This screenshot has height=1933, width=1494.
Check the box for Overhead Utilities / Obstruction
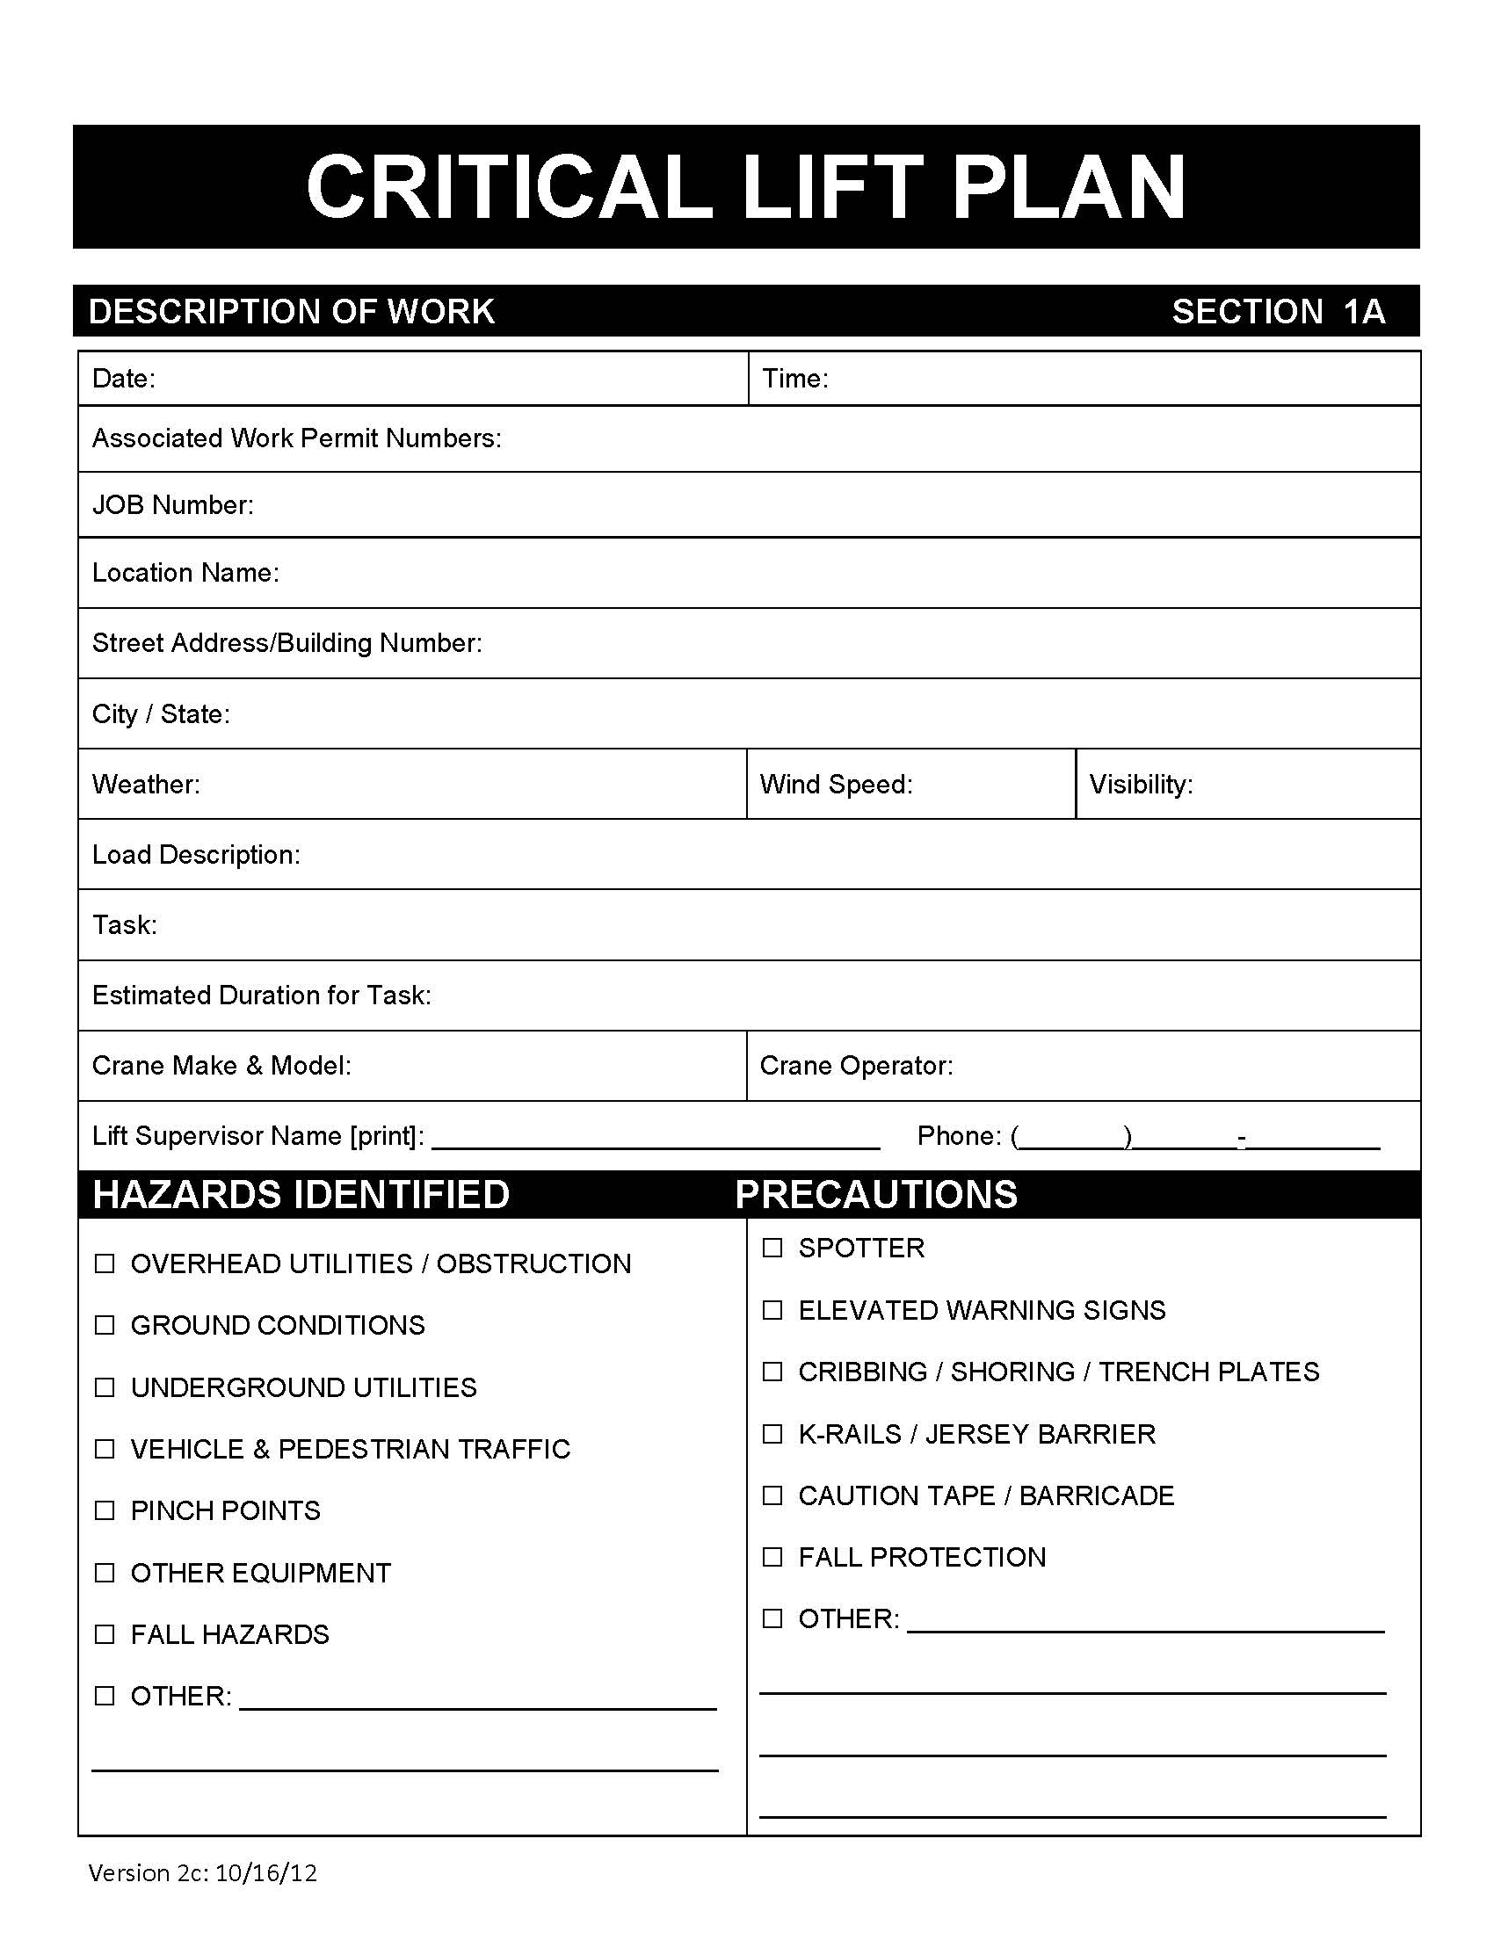tap(105, 1263)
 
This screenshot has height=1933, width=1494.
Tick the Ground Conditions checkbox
tap(105, 1325)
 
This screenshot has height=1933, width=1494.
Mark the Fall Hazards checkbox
tap(105, 1634)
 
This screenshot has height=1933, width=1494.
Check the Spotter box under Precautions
tap(772, 1248)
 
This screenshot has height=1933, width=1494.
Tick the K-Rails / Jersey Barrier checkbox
tap(772, 1434)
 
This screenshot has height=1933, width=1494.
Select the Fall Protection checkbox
tap(772, 1557)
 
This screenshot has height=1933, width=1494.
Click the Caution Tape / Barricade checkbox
tap(772, 1495)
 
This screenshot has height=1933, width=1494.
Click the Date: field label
tap(124, 379)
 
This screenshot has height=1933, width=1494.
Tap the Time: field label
tap(794, 379)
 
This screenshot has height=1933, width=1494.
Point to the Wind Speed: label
tap(836, 784)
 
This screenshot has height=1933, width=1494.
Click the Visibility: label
tap(1141, 784)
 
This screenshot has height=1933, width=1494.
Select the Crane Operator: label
tap(856, 1066)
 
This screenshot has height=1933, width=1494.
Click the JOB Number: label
tap(172, 504)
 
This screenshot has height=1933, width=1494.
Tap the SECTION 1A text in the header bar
tap(1278, 312)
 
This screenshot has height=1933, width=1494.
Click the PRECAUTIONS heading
tap(876, 1194)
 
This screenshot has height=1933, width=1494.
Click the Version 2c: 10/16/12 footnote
tap(203, 1873)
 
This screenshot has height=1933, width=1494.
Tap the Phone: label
tap(960, 1135)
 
